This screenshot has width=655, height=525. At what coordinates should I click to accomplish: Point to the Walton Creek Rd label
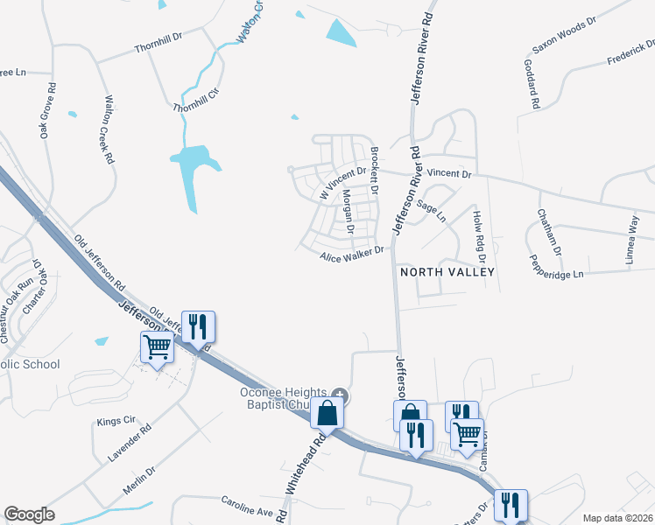[109, 130]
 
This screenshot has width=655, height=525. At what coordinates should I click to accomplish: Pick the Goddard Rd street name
[530, 84]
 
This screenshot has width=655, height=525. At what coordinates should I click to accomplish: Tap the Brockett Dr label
[374, 170]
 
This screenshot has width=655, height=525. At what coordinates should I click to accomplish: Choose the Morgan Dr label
[348, 213]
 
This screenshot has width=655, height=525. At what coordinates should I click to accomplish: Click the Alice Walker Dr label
[352, 254]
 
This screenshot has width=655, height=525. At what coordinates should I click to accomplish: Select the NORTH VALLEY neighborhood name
[447, 272]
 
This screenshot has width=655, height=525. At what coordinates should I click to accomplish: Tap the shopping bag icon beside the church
[326, 413]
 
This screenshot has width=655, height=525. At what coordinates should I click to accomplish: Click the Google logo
[30, 514]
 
